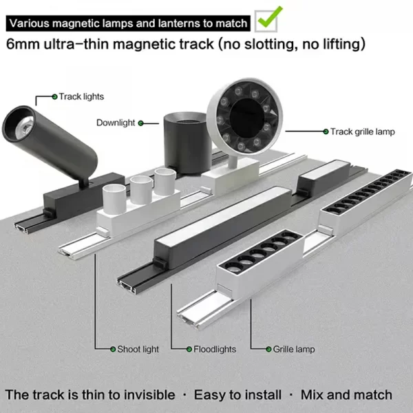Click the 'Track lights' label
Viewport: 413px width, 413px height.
(x=81, y=97)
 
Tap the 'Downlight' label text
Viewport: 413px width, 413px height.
(x=115, y=123)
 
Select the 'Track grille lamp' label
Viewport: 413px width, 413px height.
(x=362, y=131)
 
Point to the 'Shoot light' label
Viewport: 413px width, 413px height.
(x=138, y=350)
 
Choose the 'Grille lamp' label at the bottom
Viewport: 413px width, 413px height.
(x=294, y=350)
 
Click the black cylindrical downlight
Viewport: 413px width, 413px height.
(x=184, y=137)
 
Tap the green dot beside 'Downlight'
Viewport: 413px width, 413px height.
(x=141, y=123)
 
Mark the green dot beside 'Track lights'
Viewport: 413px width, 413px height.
(x=54, y=97)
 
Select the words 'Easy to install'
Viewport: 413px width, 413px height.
(x=237, y=395)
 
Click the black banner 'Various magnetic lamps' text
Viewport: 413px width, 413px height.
(x=128, y=23)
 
